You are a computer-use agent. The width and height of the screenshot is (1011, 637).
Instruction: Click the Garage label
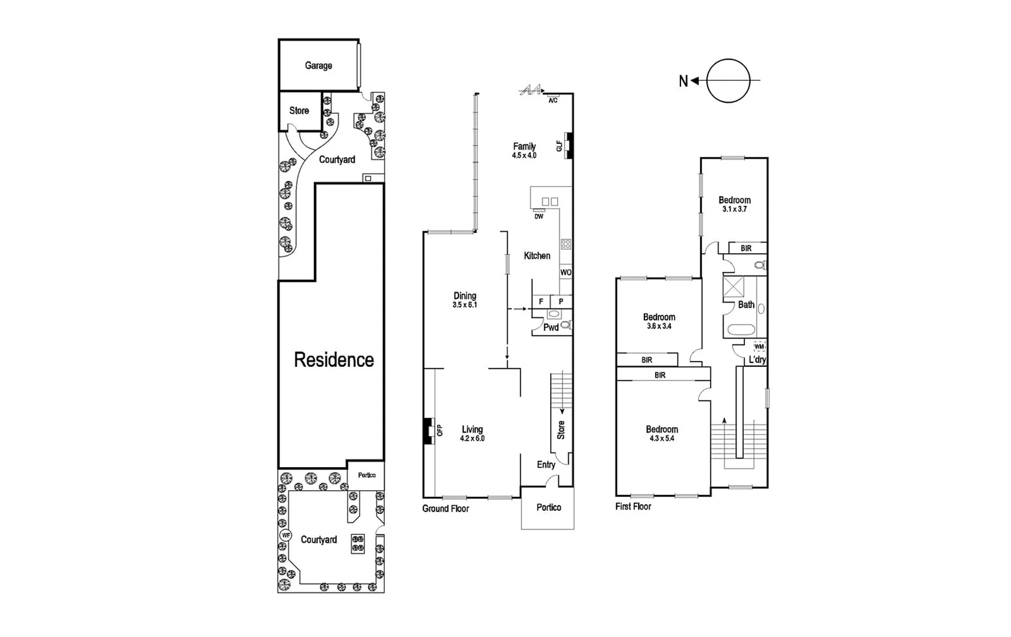pyautogui.click(x=318, y=65)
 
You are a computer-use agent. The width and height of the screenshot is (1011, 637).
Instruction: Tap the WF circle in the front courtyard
pyautogui.click(x=286, y=536)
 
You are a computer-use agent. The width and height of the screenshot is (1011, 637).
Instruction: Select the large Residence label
pyautogui.click(x=333, y=360)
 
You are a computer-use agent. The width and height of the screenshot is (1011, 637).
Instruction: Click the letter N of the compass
pyautogui.click(x=683, y=81)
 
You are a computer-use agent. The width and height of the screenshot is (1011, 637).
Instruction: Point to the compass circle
pyautogui.click(x=728, y=81)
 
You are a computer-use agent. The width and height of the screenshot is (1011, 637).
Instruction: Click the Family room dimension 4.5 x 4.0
pyautogui.click(x=524, y=156)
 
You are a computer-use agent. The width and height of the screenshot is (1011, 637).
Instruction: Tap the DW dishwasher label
pyautogui.click(x=539, y=216)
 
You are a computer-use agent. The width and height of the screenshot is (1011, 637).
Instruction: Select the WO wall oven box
pyautogui.click(x=565, y=272)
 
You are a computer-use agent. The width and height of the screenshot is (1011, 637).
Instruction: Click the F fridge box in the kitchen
pyautogui.click(x=541, y=301)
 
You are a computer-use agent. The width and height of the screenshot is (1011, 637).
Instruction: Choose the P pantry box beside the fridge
pyautogui.click(x=561, y=301)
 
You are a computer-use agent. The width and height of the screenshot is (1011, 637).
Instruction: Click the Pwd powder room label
pyautogui.click(x=551, y=327)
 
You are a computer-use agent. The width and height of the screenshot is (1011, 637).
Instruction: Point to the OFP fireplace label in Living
pyautogui.click(x=440, y=431)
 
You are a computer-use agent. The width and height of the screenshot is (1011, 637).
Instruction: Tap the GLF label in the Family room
pyautogui.click(x=560, y=146)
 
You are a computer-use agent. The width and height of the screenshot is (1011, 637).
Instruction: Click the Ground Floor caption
pyautogui.click(x=445, y=508)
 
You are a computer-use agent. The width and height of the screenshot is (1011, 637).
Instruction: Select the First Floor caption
pyautogui.click(x=633, y=506)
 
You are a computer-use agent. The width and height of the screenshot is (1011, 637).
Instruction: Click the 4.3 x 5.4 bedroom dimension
pyautogui.click(x=662, y=439)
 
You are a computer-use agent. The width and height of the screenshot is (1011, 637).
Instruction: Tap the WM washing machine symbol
pyautogui.click(x=759, y=347)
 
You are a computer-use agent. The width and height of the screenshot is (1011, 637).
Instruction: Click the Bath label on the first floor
pyautogui.click(x=746, y=305)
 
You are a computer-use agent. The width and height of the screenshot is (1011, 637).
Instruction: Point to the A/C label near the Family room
pyautogui.click(x=553, y=101)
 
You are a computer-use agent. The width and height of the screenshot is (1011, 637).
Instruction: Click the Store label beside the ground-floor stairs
pyautogui.click(x=561, y=429)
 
